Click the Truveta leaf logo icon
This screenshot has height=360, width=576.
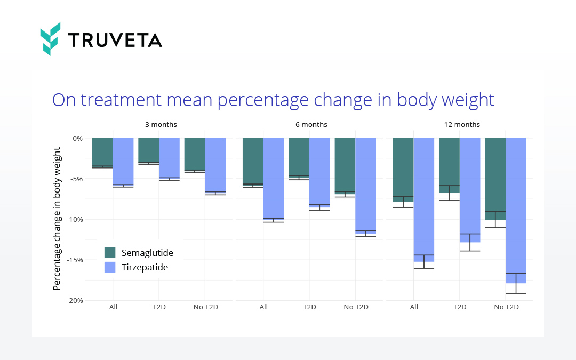(51, 38)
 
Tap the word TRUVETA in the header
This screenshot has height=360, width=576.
(115, 40)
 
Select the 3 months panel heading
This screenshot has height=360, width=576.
(161, 125)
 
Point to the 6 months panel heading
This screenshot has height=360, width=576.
(311, 125)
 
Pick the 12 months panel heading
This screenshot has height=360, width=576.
(462, 125)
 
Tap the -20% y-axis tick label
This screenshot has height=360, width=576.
(74, 301)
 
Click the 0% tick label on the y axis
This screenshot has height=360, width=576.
(77, 138)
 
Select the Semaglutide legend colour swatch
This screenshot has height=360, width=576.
(110, 253)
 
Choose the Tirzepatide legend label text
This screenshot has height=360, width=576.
(145, 267)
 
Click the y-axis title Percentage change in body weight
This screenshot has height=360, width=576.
(57, 219)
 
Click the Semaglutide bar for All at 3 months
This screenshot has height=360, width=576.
(102, 153)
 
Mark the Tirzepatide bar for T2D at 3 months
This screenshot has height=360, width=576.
(169, 158)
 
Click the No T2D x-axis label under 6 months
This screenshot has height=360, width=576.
(356, 307)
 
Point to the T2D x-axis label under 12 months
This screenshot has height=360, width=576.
(460, 307)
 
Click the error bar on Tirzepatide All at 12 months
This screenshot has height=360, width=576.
(424, 261)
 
